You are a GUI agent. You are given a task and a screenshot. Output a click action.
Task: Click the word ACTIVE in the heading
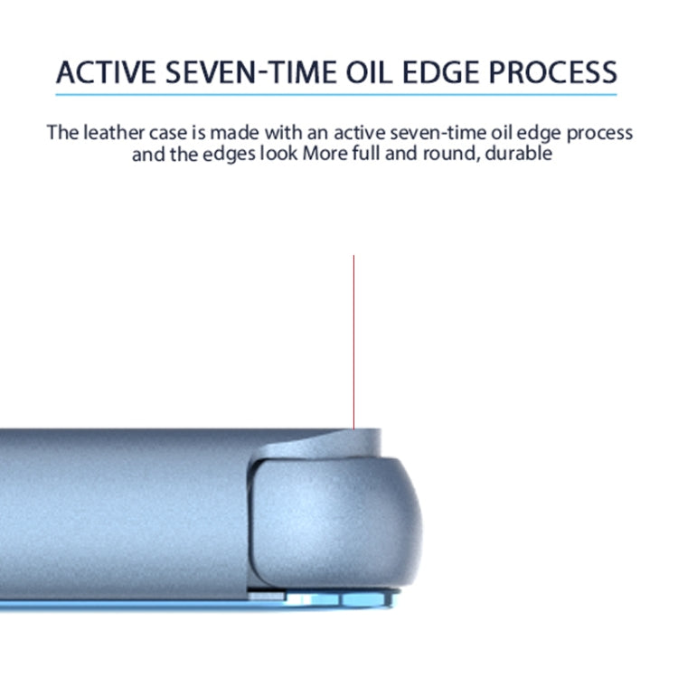pyautogui.click(x=106, y=72)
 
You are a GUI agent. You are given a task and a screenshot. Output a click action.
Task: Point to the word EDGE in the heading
pyautogui.click(x=440, y=72)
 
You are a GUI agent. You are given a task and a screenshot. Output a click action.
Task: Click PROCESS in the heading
pyautogui.click(x=553, y=72)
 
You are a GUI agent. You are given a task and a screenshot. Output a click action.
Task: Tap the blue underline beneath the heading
pyautogui.click(x=336, y=94)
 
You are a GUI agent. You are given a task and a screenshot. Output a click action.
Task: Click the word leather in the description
pyautogui.click(x=114, y=132)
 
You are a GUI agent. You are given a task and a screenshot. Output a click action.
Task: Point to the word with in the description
pyautogui.click(x=284, y=132)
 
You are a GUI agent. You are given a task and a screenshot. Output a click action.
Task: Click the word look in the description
pyautogui.click(x=278, y=153)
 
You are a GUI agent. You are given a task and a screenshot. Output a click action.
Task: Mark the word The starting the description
pyautogui.click(x=62, y=132)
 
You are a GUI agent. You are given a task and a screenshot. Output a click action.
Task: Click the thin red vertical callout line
pyautogui.click(x=353, y=342)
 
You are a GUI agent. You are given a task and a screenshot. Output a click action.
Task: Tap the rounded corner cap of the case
pyautogui.click(x=335, y=523)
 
